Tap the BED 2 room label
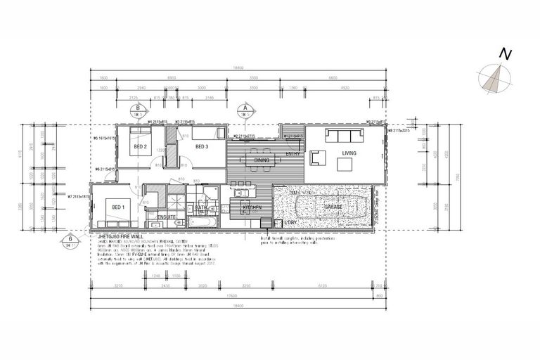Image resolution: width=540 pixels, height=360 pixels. [x=140, y=147]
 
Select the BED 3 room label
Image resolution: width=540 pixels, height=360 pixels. [x=202, y=147]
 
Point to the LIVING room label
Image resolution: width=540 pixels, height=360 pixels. [x=349, y=153]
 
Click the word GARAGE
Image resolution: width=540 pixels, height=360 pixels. [x=333, y=207]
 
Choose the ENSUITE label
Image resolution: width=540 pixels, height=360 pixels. [x=167, y=217]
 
